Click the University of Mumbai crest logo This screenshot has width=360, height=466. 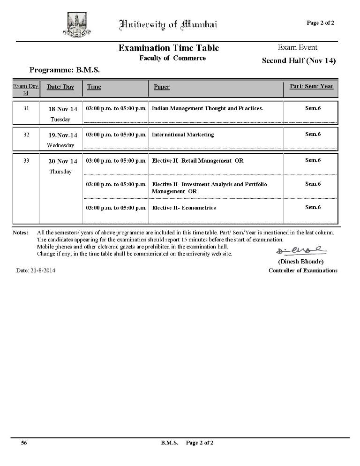point(76,24)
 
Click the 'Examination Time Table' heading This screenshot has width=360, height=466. point(168,48)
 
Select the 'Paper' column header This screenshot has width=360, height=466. point(162,87)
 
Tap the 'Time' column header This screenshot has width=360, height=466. point(94,87)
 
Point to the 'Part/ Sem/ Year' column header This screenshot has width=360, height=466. point(311,86)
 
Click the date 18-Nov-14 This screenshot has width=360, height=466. point(63,109)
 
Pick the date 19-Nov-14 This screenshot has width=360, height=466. point(63,135)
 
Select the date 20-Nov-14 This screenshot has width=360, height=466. point(63,161)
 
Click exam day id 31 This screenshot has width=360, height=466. point(26,108)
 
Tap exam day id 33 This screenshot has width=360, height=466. point(26,160)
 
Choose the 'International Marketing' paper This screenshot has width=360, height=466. point(183,135)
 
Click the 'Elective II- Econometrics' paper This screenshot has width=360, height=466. point(184,208)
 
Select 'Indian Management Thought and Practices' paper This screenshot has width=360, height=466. point(207,108)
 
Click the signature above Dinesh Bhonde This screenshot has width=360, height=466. point(301,250)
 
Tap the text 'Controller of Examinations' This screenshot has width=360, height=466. point(303,271)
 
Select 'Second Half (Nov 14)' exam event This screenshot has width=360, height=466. point(299,60)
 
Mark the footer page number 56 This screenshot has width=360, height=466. point(23,443)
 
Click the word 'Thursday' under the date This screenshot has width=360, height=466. point(60,172)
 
